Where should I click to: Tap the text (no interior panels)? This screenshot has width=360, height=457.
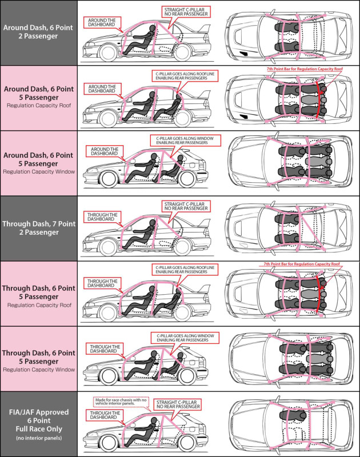(x=38, y=438)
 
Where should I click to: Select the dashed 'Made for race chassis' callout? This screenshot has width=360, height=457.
(x=122, y=402)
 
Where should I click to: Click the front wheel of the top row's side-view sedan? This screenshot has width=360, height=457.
(x=105, y=54)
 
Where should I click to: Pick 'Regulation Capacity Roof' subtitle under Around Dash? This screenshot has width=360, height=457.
(x=38, y=105)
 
